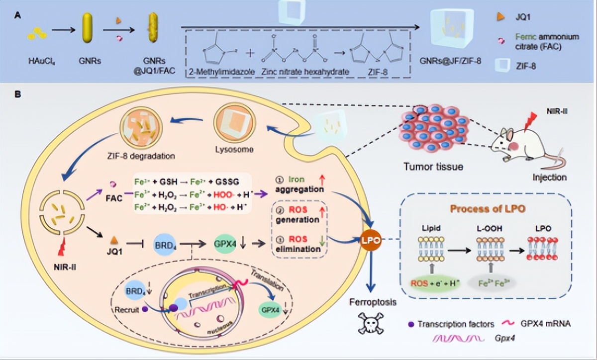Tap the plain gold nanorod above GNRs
(88, 31)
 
